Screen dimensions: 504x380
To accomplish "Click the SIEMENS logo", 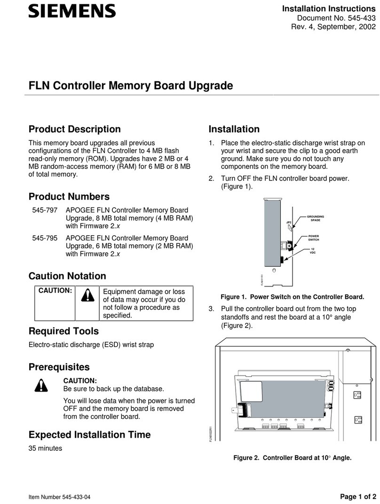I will tap(71, 11).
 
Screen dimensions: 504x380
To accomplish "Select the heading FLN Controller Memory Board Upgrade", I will tap(131, 86).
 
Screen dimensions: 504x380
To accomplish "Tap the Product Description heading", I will tap(74, 129).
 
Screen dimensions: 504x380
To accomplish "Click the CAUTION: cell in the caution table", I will tap(55, 291).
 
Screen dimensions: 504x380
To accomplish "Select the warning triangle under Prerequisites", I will tap(41, 384).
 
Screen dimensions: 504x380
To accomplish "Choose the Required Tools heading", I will tap(63, 331).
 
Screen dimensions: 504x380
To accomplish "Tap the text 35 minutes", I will tap(46, 448).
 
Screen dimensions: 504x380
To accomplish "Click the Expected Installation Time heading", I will tap(89, 434).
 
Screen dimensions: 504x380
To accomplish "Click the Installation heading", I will tap(234, 129).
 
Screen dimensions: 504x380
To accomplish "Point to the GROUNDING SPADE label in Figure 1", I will tap(315, 218).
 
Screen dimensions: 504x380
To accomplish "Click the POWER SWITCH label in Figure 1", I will tap(313, 238).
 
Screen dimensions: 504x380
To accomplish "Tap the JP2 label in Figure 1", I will tap(289, 221).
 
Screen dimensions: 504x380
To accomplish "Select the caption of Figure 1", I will tap(292, 297).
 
